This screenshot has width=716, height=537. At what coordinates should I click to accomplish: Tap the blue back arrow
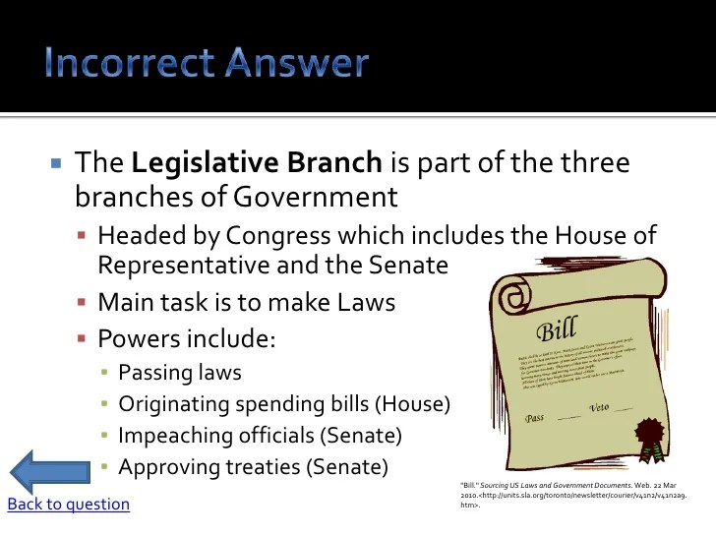[49, 470]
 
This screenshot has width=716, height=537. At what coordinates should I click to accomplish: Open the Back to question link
[68, 505]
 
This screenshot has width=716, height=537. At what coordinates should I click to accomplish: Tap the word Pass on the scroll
[534, 417]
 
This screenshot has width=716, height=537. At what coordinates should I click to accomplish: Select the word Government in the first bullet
[315, 197]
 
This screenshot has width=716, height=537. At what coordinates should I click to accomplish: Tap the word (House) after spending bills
[416, 404]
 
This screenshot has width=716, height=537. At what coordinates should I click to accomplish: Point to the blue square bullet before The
[56, 162]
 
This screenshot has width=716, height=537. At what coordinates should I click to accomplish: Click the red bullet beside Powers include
[84, 340]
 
